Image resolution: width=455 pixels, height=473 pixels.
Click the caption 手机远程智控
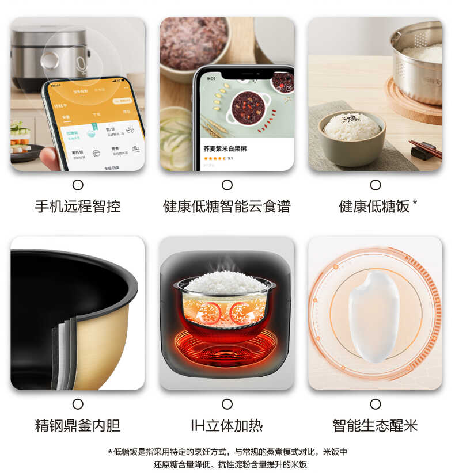78,207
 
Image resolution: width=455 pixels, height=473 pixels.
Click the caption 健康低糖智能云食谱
227,207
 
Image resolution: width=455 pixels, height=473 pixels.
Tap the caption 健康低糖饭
374,207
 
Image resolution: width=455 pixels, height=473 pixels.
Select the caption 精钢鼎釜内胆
78,426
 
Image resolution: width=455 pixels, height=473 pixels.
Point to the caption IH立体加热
227,426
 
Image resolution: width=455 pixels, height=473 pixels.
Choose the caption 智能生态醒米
375,426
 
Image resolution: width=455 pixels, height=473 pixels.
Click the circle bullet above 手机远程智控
78,185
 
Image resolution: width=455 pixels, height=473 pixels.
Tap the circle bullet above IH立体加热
227,404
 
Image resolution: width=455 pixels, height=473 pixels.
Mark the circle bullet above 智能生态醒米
376,404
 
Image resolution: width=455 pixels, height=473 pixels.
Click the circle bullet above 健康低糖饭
376,185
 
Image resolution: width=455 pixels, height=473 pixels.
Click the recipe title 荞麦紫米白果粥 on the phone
225,148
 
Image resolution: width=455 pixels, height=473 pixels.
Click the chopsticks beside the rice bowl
426,148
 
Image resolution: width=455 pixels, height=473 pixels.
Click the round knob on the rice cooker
50,60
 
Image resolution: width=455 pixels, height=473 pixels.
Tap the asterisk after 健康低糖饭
415,203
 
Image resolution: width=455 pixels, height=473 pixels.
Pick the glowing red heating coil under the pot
226,348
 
